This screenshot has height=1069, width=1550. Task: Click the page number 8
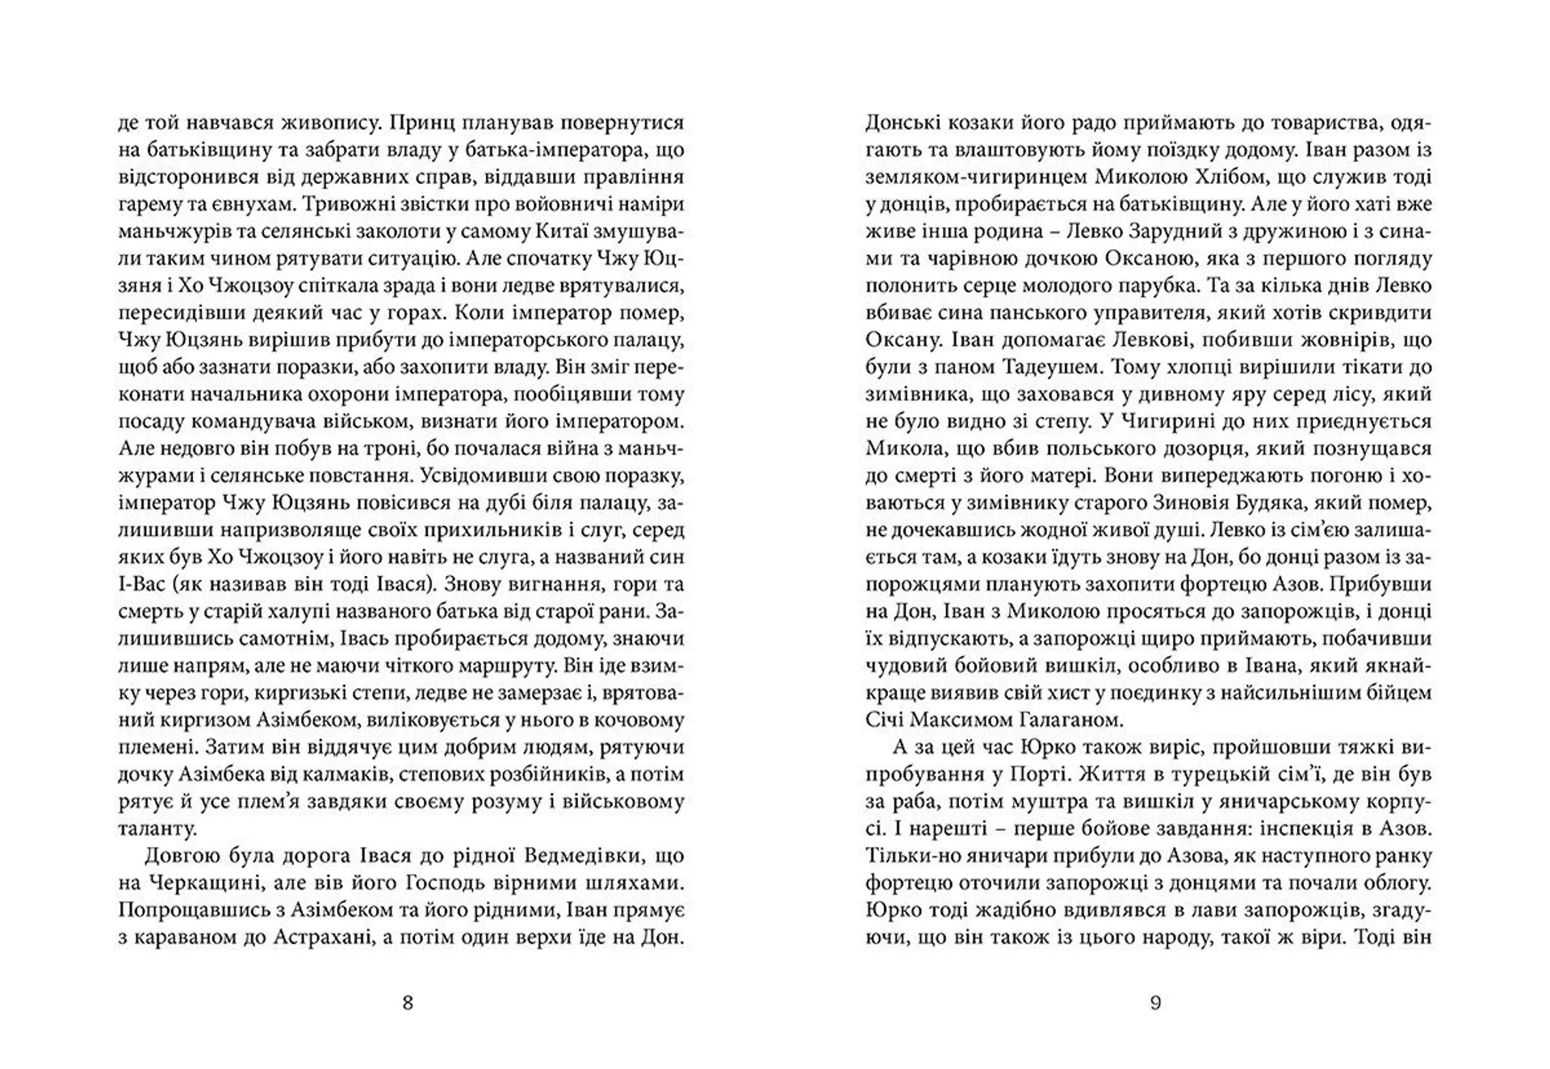pyautogui.click(x=407, y=1003)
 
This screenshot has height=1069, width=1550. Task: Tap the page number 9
pyautogui.click(x=1155, y=1003)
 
